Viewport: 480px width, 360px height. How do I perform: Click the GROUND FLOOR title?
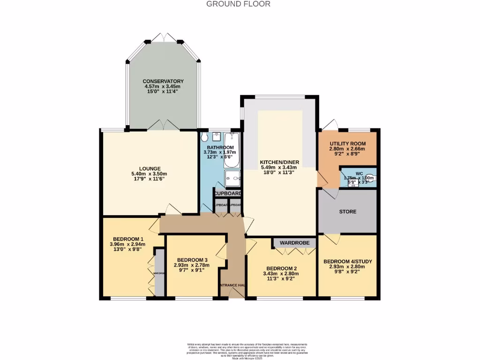239,4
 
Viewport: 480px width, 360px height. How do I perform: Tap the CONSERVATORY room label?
163,82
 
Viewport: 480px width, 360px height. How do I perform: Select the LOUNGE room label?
150,169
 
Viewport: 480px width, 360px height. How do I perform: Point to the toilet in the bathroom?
204,137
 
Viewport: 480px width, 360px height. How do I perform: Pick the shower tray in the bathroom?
232,178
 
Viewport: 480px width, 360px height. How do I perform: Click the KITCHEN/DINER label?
279,163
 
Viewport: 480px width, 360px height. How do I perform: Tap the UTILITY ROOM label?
347,143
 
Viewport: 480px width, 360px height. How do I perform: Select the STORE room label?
347,211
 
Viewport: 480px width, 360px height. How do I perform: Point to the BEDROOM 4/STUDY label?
347,261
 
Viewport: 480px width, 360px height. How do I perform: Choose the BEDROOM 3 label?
192,260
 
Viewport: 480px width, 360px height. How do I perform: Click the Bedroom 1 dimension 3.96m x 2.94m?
127,244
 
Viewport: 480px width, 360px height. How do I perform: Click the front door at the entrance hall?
236,293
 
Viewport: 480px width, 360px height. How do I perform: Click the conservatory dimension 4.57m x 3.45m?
163,87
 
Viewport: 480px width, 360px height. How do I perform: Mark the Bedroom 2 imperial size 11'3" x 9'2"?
282,278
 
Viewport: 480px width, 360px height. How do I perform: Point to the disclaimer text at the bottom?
240,349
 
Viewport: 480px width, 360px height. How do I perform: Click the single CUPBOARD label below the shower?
228,194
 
